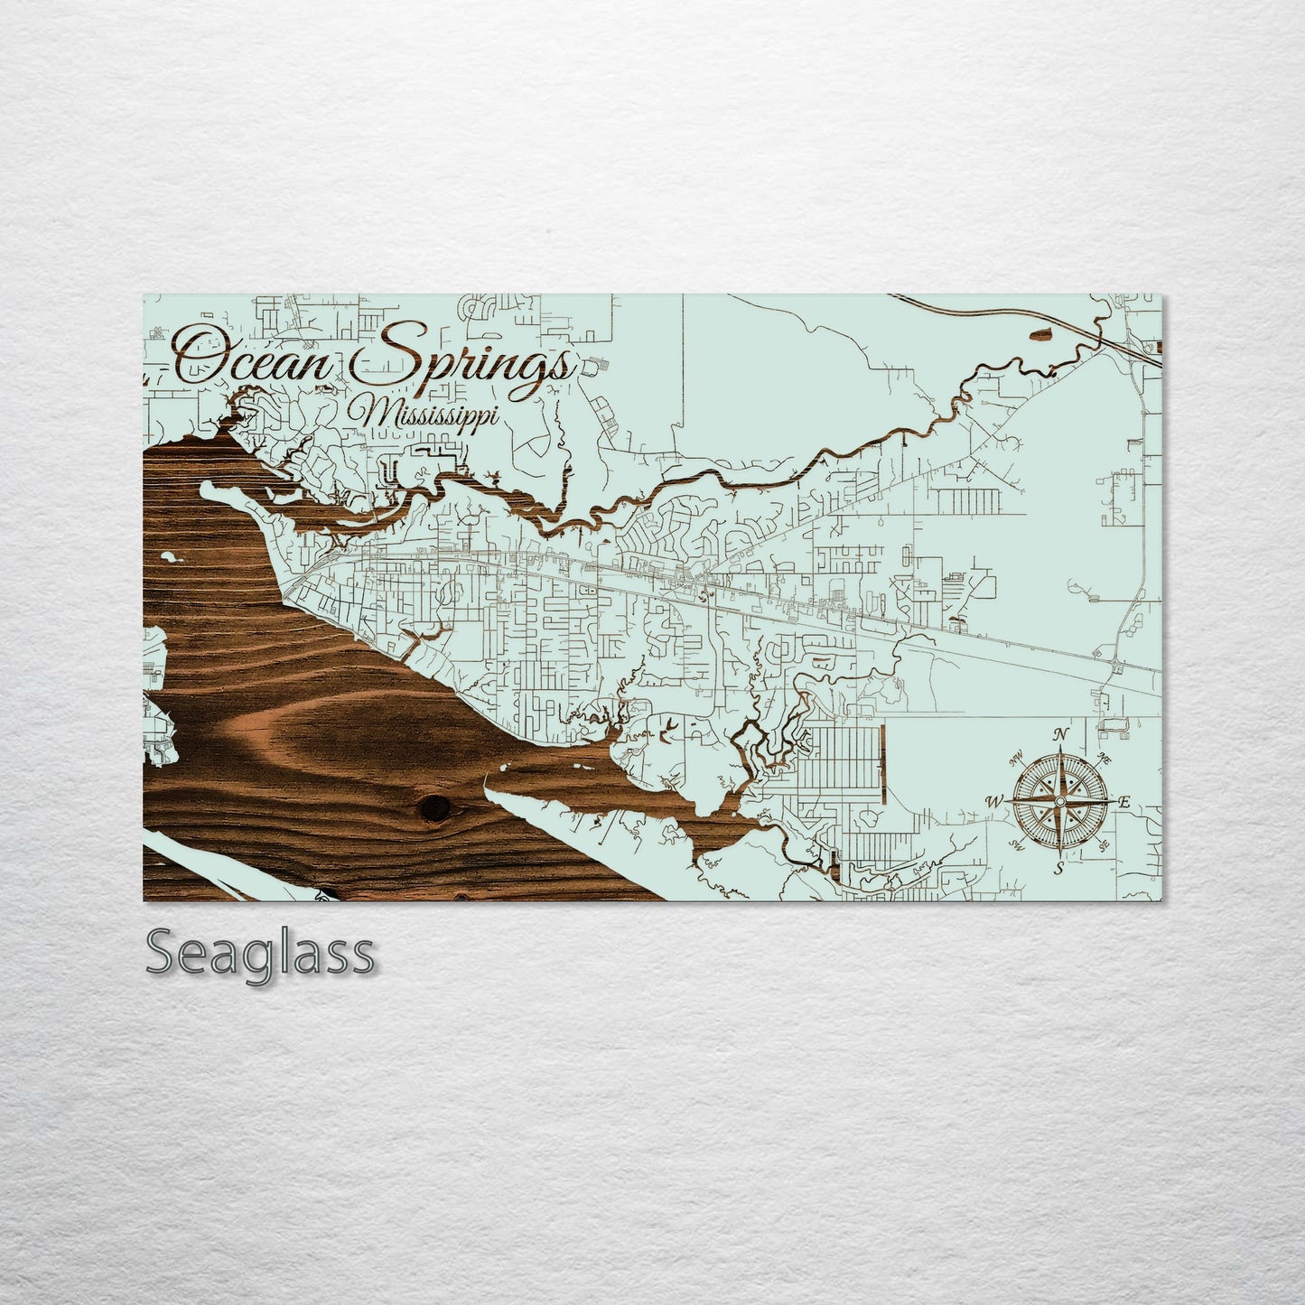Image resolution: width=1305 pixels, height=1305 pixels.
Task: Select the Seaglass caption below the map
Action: click(x=260, y=953)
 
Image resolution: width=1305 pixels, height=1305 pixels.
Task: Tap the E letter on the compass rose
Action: click(x=1125, y=802)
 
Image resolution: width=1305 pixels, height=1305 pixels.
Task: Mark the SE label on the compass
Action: click(x=1105, y=845)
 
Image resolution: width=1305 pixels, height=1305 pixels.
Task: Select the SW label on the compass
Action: click(x=1017, y=845)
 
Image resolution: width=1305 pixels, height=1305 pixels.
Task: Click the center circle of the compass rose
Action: click(x=1060, y=800)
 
